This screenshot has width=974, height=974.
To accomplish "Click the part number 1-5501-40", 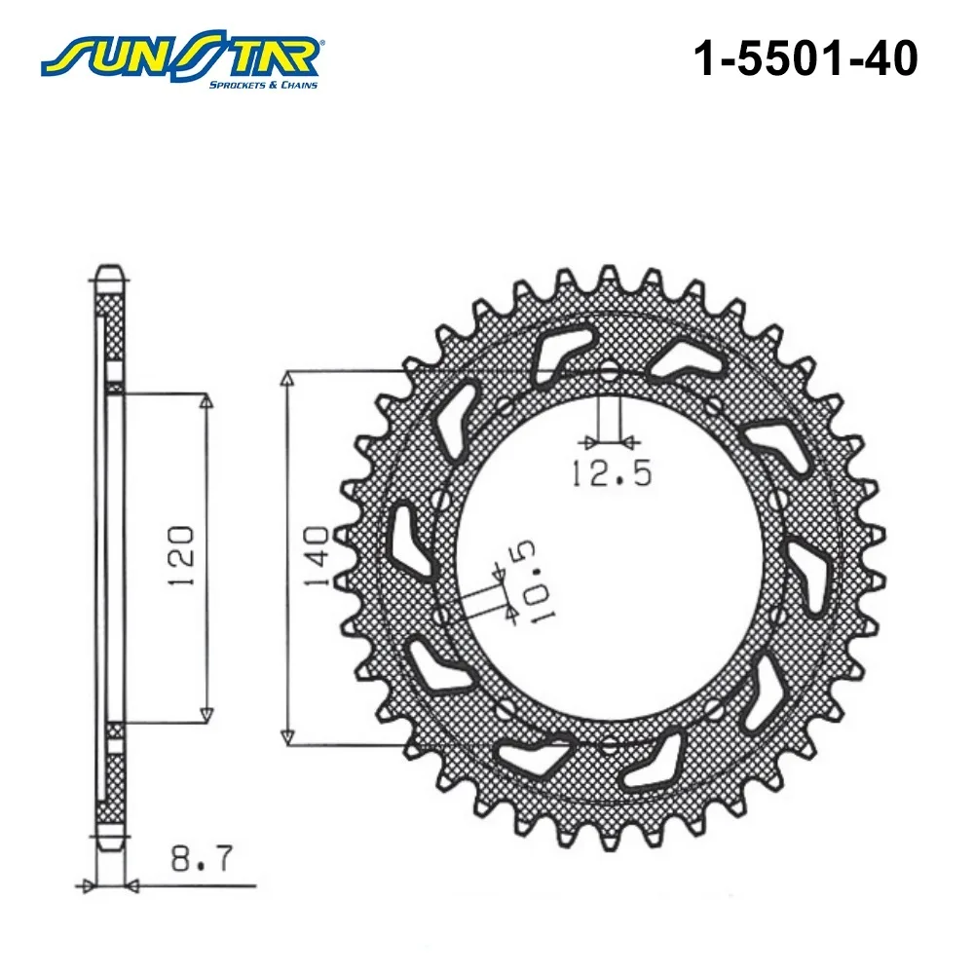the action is tap(805, 59).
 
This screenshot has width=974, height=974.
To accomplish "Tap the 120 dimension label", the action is tap(181, 556).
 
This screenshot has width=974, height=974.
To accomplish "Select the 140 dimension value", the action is tap(317, 556).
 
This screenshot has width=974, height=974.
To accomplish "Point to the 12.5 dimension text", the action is tap(612, 473).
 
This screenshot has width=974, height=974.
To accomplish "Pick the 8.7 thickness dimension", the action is tap(202, 858).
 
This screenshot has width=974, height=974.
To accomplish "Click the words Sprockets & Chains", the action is tap(263, 85).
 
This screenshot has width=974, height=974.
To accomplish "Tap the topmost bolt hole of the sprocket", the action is tap(610, 374).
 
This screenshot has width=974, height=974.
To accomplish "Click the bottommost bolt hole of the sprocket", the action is tap(610, 743).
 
